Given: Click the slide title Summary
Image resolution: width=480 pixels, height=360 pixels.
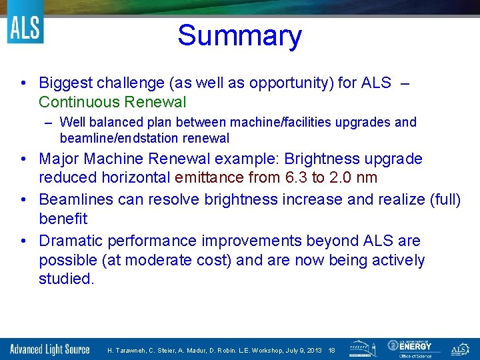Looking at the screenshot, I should [x=239, y=36].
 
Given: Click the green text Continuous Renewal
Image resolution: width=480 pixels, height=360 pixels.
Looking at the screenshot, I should [x=112, y=102].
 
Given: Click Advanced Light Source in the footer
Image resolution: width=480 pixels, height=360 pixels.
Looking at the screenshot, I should [x=49, y=349].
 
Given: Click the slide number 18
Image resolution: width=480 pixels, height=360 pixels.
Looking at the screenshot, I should [x=331, y=350].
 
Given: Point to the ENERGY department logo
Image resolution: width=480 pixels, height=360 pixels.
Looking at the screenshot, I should [x=413, y=348].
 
